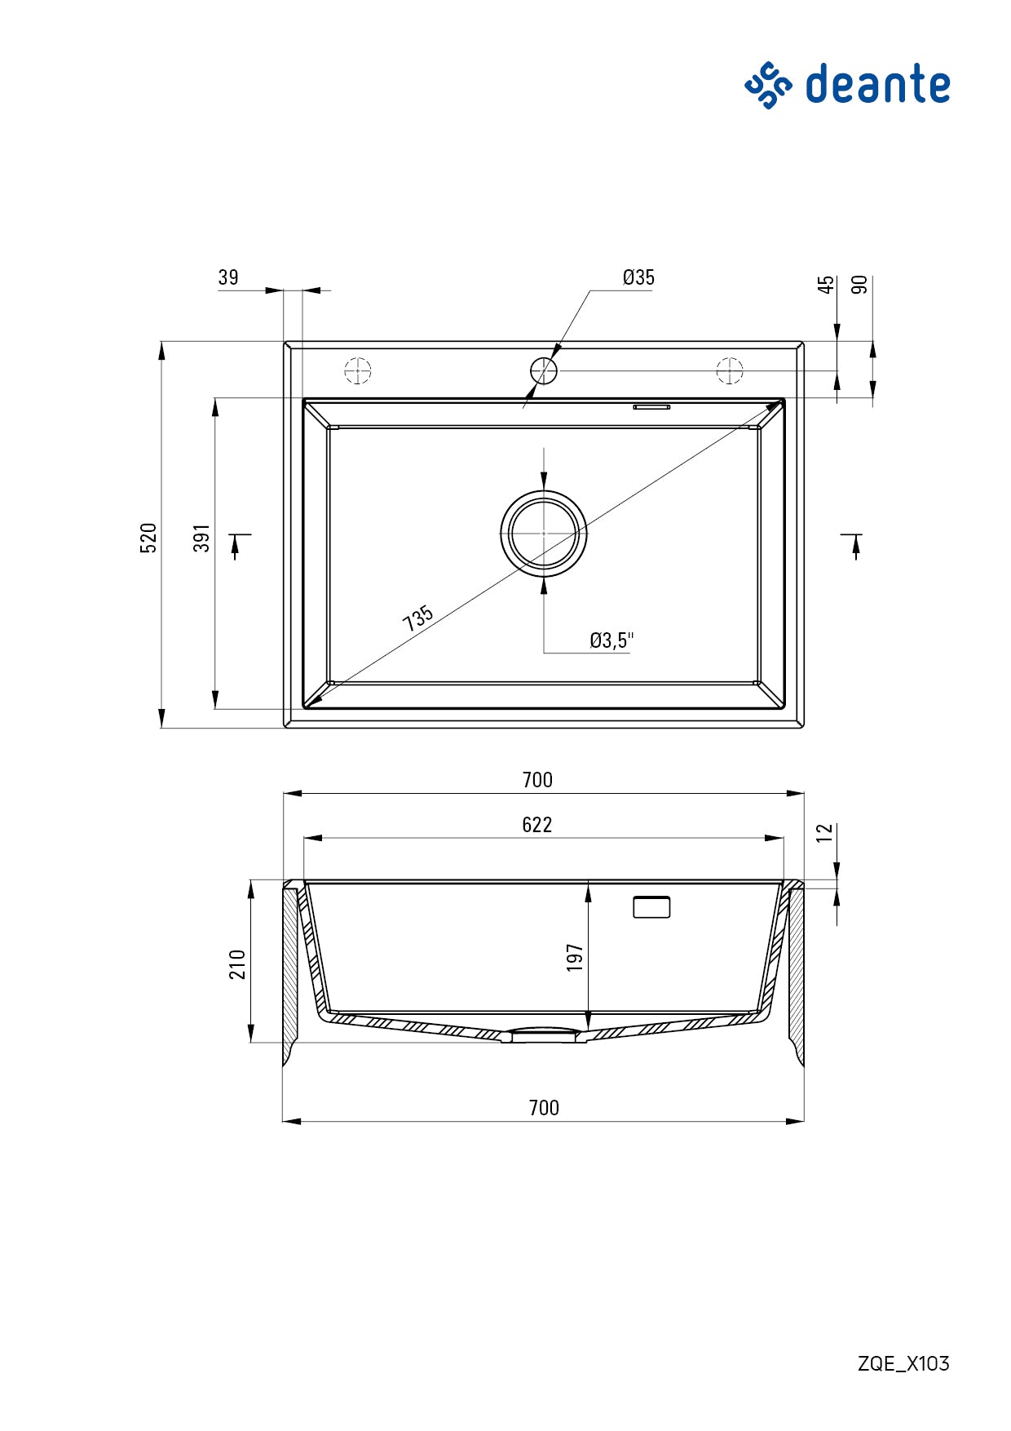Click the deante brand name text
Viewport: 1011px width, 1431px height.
[877, 85]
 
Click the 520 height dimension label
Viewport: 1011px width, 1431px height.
[149, 538]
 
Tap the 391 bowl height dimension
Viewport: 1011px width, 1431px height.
[202, 538]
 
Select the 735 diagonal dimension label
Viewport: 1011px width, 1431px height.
[417, 618]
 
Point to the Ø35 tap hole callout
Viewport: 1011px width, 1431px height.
[638, 277]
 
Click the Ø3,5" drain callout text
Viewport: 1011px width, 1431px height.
[611, 640]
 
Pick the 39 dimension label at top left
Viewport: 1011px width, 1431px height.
[228, 277]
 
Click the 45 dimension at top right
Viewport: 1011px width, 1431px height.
[827, 285]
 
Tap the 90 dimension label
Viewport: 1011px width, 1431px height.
[859, 285]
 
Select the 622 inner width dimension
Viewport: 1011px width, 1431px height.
[536, 825]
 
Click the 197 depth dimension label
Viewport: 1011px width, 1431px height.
[575, 957]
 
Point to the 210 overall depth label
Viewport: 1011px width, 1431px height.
[237, 964]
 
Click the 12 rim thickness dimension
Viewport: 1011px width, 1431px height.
[825, 832]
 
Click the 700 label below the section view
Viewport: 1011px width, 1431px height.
[544, 1108]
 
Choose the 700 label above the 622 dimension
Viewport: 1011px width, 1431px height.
[537, 780]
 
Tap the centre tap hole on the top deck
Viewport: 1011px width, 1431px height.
[544, 370]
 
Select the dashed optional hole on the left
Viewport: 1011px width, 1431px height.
[357, 370]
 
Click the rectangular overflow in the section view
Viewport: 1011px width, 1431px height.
[651, 907]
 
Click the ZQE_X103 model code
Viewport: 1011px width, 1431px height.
[903, 1363]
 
